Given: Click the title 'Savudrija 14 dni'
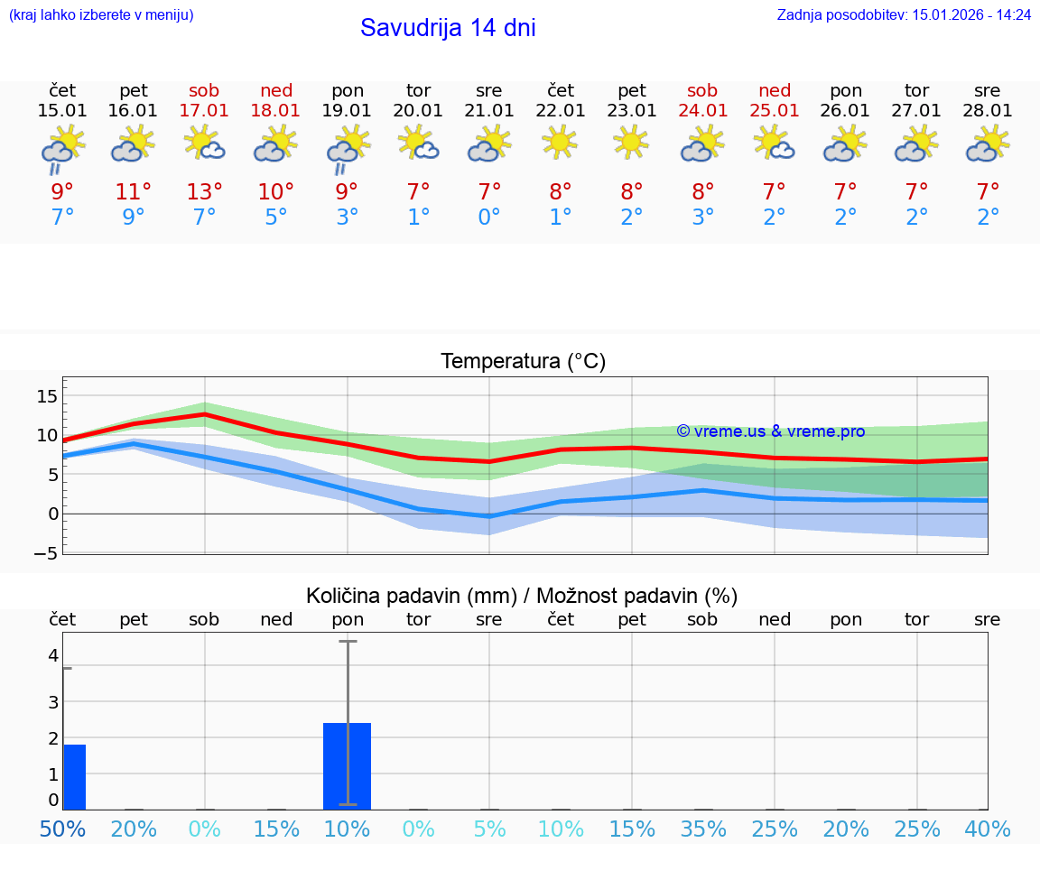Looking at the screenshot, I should pyautogui.click(x=448, y=28).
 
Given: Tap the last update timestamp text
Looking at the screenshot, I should pyautogui.click(x=904, y=14).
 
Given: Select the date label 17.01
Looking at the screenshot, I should pyautogui.click(x=204, y=110).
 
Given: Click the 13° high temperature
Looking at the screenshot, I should pyautogui.click(x=204, y=191).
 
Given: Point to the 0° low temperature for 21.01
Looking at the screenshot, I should pyautogui.click(x=489, y=218).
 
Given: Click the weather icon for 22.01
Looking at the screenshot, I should pyautogui.click(x=560, y=142).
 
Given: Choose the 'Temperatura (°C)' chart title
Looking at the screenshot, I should pyautogui.click(x=523, y=362).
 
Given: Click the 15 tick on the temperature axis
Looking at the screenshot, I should pyautogui.click(x=47, y=396).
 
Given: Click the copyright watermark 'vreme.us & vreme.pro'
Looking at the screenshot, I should pyautogui.click(x=771, y=431).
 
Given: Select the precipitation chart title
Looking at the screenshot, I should pyautogui.click(x=522, y=596).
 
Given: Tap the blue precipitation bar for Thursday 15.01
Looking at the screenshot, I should pyautogui.click(x=74, y=776).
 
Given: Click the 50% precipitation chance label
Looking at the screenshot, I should pyautogui.click(x=63, y=829).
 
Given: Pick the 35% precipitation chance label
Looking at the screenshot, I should pyautogui.click(x=703, y=829).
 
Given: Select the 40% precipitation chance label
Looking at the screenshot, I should pyautogui.click(x=988, y=829).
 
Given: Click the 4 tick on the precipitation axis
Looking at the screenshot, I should pyautogui.click(x=53, y=654).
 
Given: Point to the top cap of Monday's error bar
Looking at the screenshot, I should pyautogui.click(x=348, y=641).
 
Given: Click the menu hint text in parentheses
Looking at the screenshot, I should pyautogui.click(x=101, y=14).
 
